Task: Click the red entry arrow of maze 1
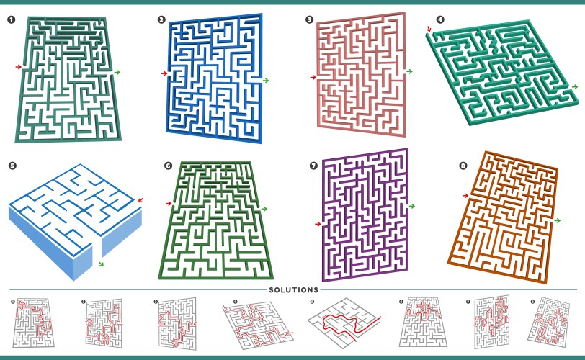(x=18, y=67)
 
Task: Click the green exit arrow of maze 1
(x=117, y=72)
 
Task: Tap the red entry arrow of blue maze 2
(x=164, y=73)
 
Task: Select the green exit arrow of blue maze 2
(x=266, y=80)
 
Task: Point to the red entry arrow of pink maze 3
(x=313, y=77)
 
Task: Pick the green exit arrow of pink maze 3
(x=410, y=71)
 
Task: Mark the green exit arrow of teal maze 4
(x=574, y=86)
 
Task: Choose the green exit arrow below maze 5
(x=101, y=264)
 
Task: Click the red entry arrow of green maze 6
(x=169, y=204)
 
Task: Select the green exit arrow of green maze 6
(x=265, y=209)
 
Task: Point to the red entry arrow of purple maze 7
(x=318, y=224)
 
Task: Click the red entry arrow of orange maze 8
(x=465, y=195)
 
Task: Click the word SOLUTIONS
(x=292, y=289)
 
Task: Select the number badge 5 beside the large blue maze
(x=12, y=166)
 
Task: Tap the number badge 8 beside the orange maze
(x=463, y=166)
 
